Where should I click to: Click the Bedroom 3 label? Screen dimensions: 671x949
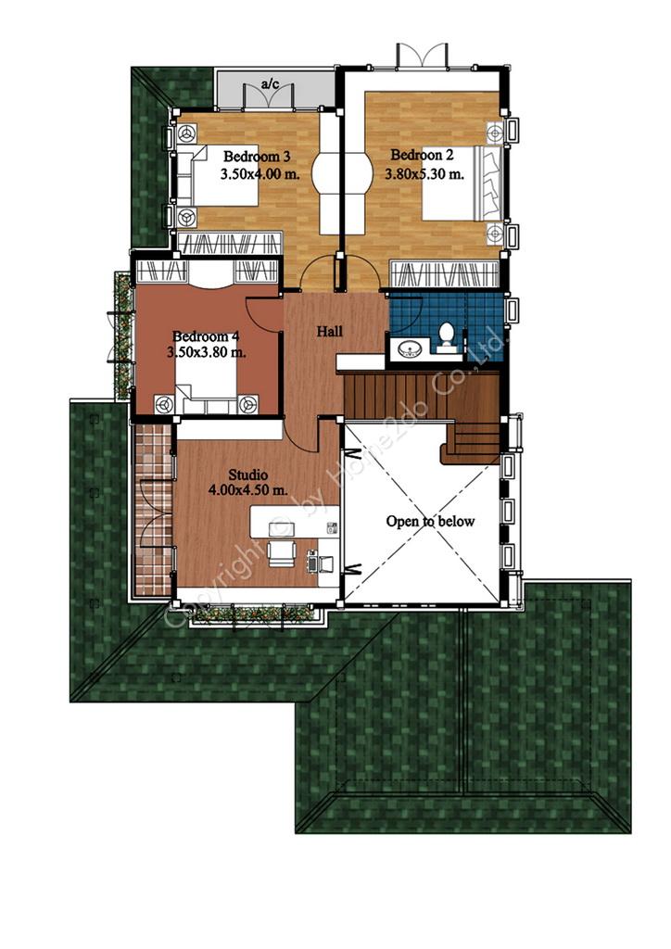pos(257,156)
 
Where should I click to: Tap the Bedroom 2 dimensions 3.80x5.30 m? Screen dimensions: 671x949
pos(424,174)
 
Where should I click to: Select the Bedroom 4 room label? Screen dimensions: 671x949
pos(201,335)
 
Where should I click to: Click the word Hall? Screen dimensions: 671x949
pos(330,331)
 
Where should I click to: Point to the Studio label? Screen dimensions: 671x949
pos(248,474)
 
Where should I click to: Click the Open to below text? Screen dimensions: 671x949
pos(430,521)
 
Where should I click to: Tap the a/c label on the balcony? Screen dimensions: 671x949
pos(271,83)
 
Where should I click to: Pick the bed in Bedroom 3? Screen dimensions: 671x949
pos(217,175)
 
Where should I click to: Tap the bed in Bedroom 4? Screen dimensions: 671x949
pos(207,390)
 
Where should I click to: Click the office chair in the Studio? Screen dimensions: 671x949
pos(282,553)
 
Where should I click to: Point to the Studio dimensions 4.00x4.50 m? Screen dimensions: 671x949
pos(248,490)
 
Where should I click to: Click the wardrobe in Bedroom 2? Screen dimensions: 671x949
pos(445,274)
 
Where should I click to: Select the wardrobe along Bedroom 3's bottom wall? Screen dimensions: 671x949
pos(230,244)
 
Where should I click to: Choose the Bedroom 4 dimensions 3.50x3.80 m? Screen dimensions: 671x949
pos(207,352)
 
